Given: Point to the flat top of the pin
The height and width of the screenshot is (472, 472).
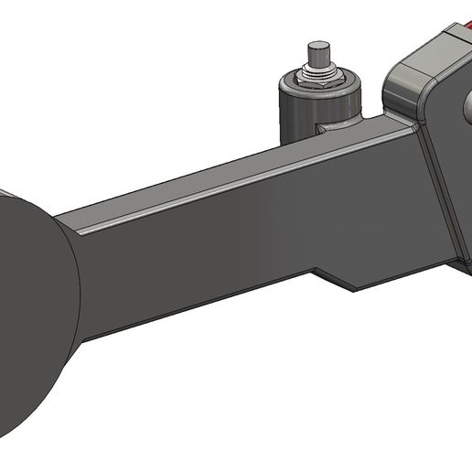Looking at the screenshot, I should (318, 43).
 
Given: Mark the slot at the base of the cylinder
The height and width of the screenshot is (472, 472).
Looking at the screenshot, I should (325, 129).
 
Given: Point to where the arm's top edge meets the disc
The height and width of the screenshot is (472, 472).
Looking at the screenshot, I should (59, 218).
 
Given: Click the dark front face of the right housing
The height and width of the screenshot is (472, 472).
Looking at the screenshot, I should (448, 165).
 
